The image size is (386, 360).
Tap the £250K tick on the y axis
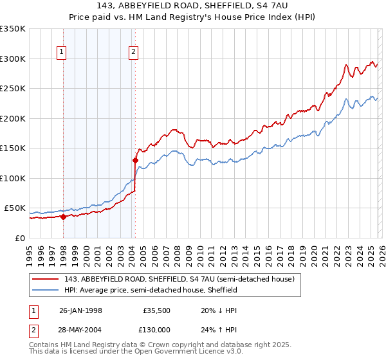coord(13,89)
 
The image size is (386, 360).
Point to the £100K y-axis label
coord(13,178)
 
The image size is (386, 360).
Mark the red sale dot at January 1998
coord(64,217)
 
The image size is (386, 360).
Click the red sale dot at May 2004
coord(135,160)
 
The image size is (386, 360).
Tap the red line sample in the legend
coord(46,279)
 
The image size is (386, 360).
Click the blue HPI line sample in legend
coord(46,290)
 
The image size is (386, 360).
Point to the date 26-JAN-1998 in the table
coord(80,310)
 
